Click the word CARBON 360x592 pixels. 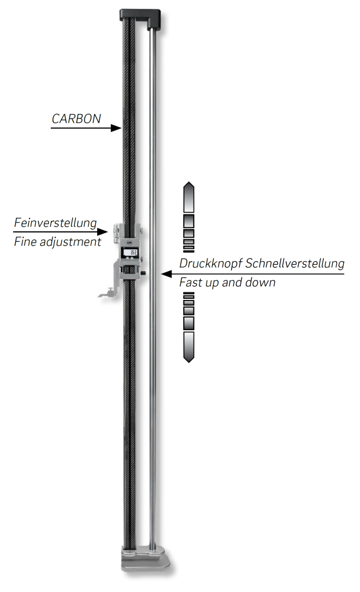click(x=76, y=119)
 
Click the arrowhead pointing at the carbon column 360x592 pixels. click(x=116, y=128)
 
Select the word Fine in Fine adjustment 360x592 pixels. click(x=25, y=242)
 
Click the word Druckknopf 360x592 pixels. click(x=211, y=264)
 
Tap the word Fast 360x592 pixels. click(x=190, y=283)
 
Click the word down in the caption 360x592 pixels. click(x=261, y=283)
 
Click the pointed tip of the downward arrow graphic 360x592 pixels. click(x=188, y=360)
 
